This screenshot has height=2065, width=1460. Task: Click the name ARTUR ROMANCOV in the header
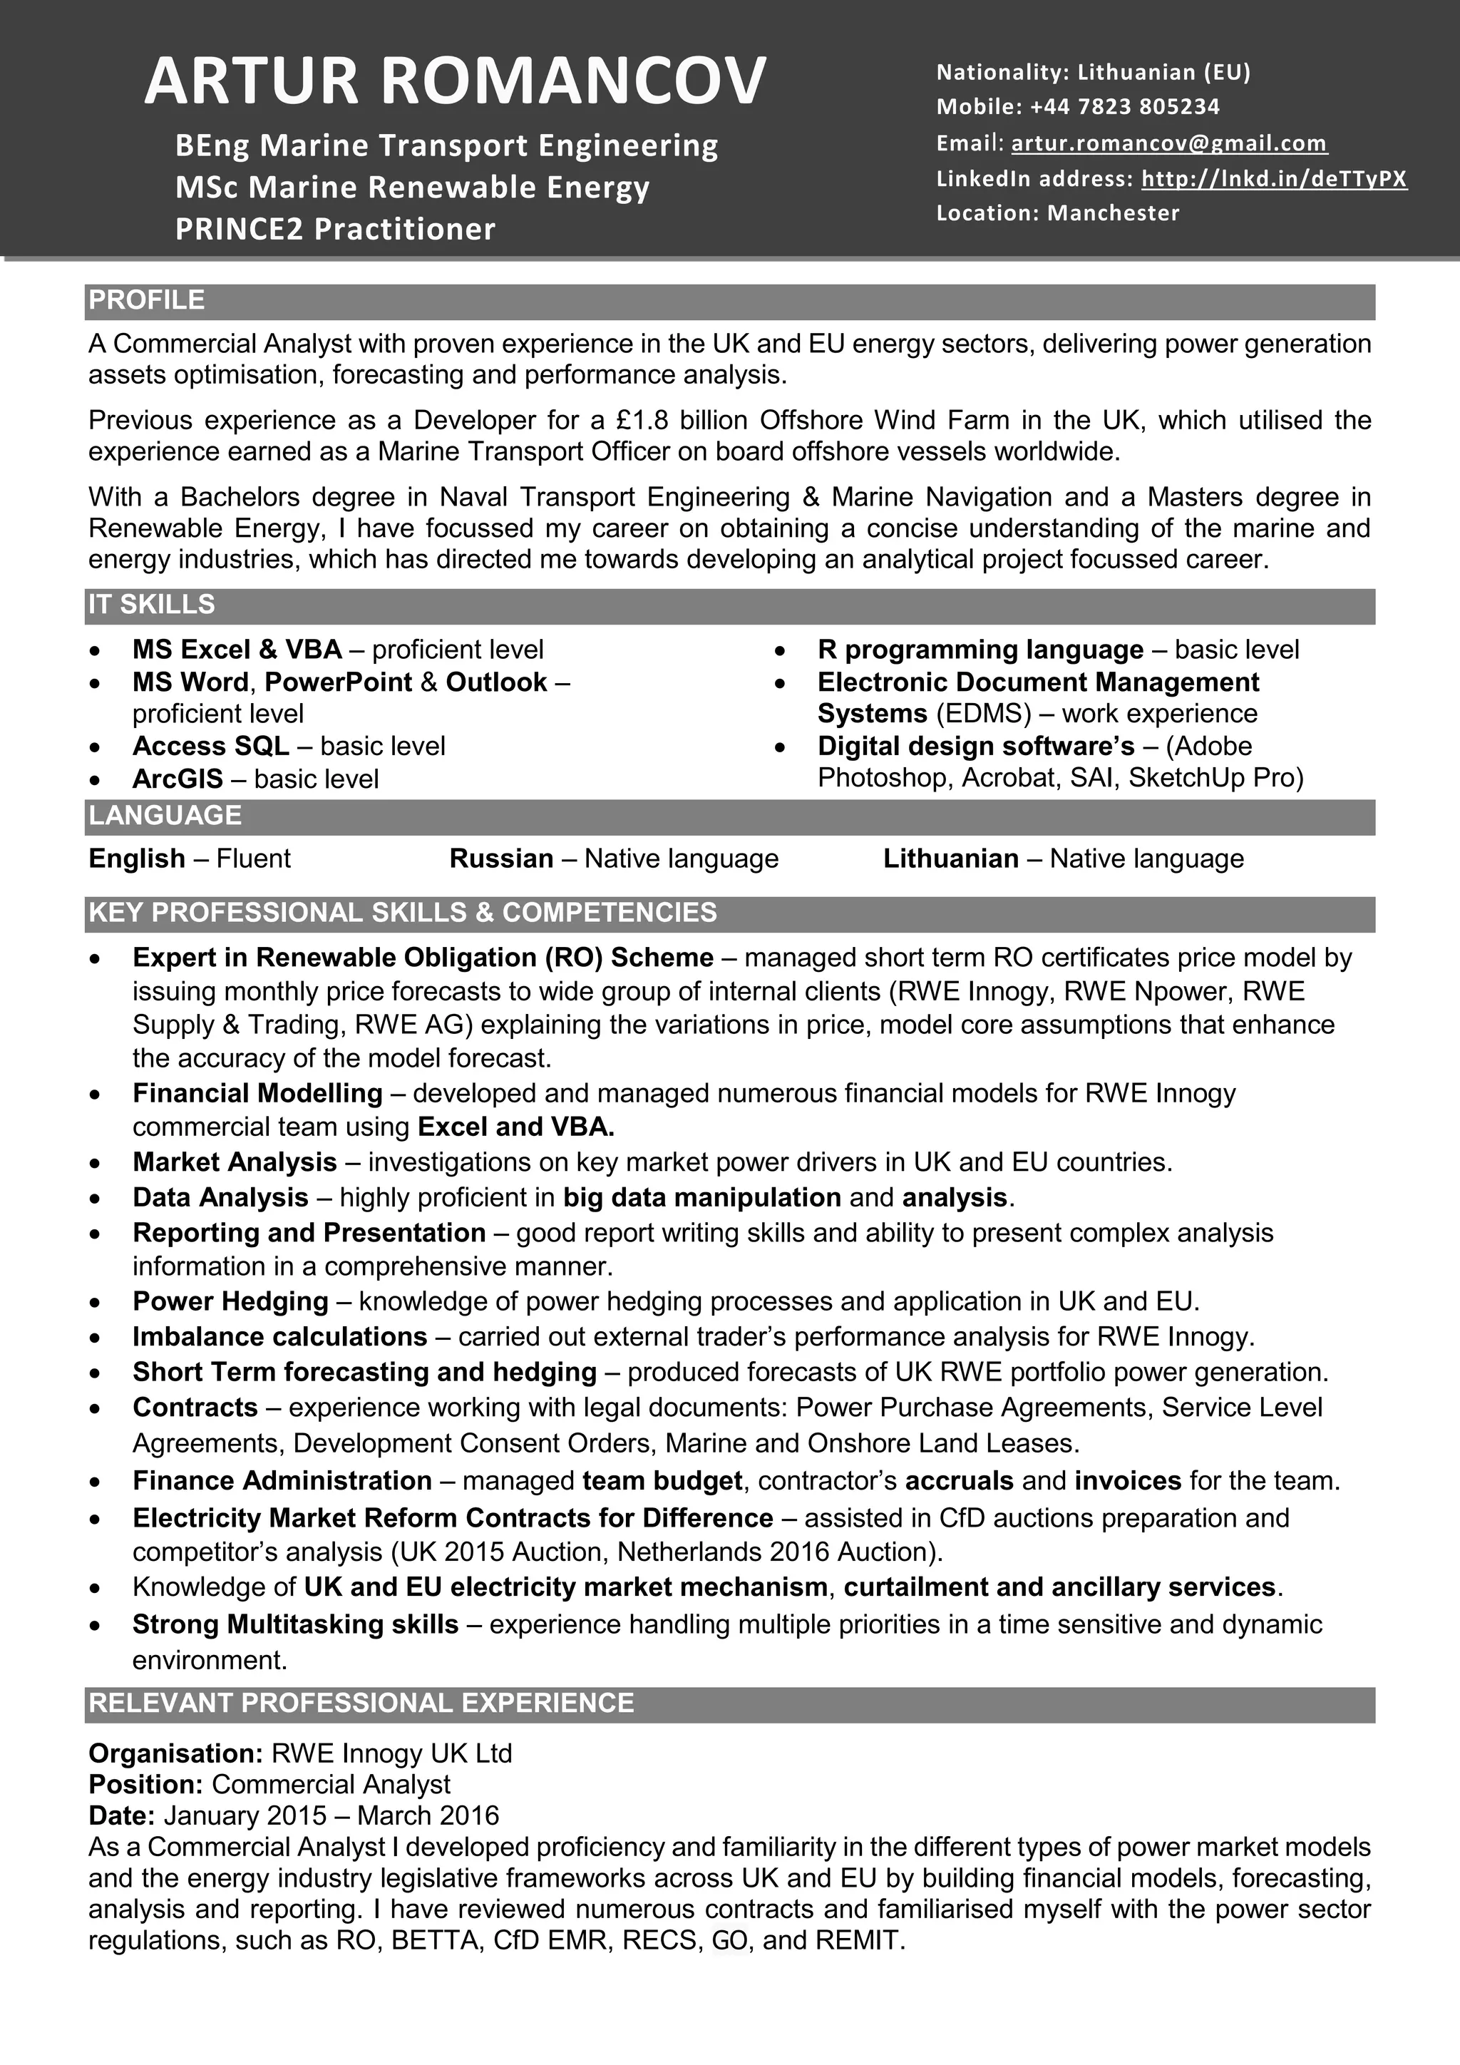pyautogui.click(x=455, y=81)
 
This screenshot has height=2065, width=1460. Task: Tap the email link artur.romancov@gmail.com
pyautogui.click(x=1168, y=143)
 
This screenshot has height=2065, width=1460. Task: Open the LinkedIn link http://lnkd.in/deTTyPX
pyautogui.click(x=1273, y=178)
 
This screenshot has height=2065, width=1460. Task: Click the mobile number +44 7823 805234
pyautogui.click(x=1125, y=107)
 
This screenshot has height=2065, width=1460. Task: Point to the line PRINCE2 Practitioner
pyautogui.click(x=335, y=230)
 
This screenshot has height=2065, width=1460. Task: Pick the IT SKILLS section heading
pyautogui.click(x=151, y=605)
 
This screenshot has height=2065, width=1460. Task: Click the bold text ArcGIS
pyautogui.click(x=177, y=779)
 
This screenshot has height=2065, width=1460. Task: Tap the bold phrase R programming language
pyautogui.click(x=980, y=650)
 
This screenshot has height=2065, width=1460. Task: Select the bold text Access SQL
pyautogui.click(x=210, y=746)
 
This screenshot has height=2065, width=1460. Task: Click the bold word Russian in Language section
pyautogui.click(x=500, y=859)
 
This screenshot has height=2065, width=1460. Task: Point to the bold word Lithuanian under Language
pyautogui.click(x=950, y=859)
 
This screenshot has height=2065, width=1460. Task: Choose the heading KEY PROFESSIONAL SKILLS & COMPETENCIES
pyautogui.click(x=403, y=913)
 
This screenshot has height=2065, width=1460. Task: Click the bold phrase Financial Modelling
pyautogui.click(x=257, y=1093)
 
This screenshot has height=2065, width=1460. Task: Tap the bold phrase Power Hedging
pyautogui.click(x=230, y=1301)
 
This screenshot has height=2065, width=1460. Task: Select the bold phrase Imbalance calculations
pyautogui.click(x=279, y=1336)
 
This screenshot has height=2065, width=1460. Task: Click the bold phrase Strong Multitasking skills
pyautogui.click(x=295, y=1624)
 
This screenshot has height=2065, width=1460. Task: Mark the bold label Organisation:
pyautogui.click(x=175, y=1753)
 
